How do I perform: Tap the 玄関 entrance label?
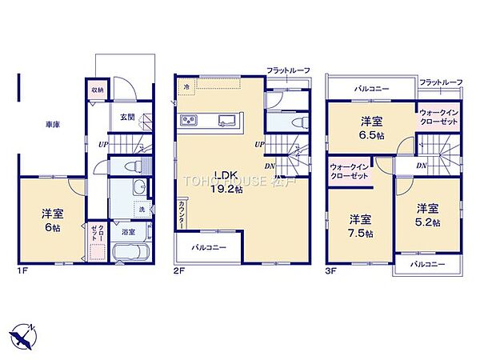127,118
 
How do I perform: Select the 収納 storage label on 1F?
97,90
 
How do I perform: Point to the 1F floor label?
23,270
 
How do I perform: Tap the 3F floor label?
331,270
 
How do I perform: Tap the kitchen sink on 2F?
226,122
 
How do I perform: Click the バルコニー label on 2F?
208,248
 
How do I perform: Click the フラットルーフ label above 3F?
441,82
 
